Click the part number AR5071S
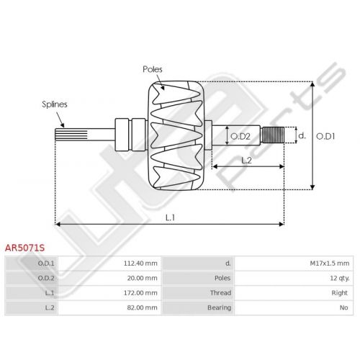(x=24, y=248)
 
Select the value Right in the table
(x=340, y=293)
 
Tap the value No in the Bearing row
(x=344, y=307)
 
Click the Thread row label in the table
(x=220, y=293)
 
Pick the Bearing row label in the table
(x=219, y=307)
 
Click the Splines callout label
(x=55, y=104)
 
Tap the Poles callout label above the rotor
(x=153, y=69)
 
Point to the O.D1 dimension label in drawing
(x=325, y=136)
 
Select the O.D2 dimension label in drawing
(x=240, y=136)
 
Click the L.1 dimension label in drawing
(x=170, y=217)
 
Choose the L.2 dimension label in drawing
(x=246, y=160)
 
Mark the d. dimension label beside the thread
(x=302, y=136)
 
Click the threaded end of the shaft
(x=273, y=135)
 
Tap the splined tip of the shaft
(x=71, y=135)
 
